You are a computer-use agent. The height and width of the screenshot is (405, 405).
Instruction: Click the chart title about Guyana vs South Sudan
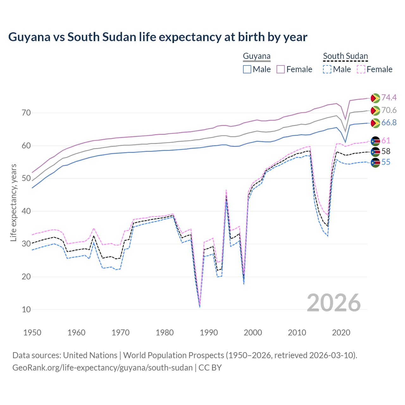coord(158,37)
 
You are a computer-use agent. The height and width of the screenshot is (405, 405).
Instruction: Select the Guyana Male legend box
coord(247,69)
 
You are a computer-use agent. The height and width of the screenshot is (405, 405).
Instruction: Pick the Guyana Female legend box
coord(281,69)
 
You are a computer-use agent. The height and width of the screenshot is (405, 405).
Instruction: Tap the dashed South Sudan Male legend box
coord(327,69)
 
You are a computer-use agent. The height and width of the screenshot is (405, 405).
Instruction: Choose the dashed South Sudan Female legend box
coord(361,69)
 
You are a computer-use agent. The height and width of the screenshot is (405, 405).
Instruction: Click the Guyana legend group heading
coord(257,56)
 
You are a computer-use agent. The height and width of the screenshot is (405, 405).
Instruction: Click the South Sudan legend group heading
coord(345,56)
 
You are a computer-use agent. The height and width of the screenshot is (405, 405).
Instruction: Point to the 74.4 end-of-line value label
coord(389,97)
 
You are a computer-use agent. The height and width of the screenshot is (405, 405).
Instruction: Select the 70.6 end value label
coord(389,110)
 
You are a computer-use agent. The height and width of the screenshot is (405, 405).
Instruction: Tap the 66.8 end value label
coord(389,123)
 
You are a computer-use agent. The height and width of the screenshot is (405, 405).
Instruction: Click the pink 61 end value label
coord(386,140)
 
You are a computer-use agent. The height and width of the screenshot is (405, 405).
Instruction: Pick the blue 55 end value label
coord(386,162)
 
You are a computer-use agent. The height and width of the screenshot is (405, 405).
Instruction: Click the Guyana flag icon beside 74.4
coord(375,98)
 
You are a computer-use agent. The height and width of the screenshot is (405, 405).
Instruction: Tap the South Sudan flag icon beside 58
coord(375,152)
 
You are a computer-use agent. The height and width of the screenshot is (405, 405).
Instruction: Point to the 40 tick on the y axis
coord(26,211)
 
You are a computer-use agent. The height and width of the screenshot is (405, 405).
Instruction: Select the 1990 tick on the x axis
coord(209,333)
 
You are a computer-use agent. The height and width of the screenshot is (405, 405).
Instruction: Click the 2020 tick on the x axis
coord(341,333)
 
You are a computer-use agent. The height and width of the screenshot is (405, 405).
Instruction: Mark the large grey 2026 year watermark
coord(333,303)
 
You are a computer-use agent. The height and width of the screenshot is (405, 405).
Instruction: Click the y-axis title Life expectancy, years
coord(14,202)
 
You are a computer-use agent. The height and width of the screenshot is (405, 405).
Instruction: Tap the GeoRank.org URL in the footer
coord(103,368)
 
